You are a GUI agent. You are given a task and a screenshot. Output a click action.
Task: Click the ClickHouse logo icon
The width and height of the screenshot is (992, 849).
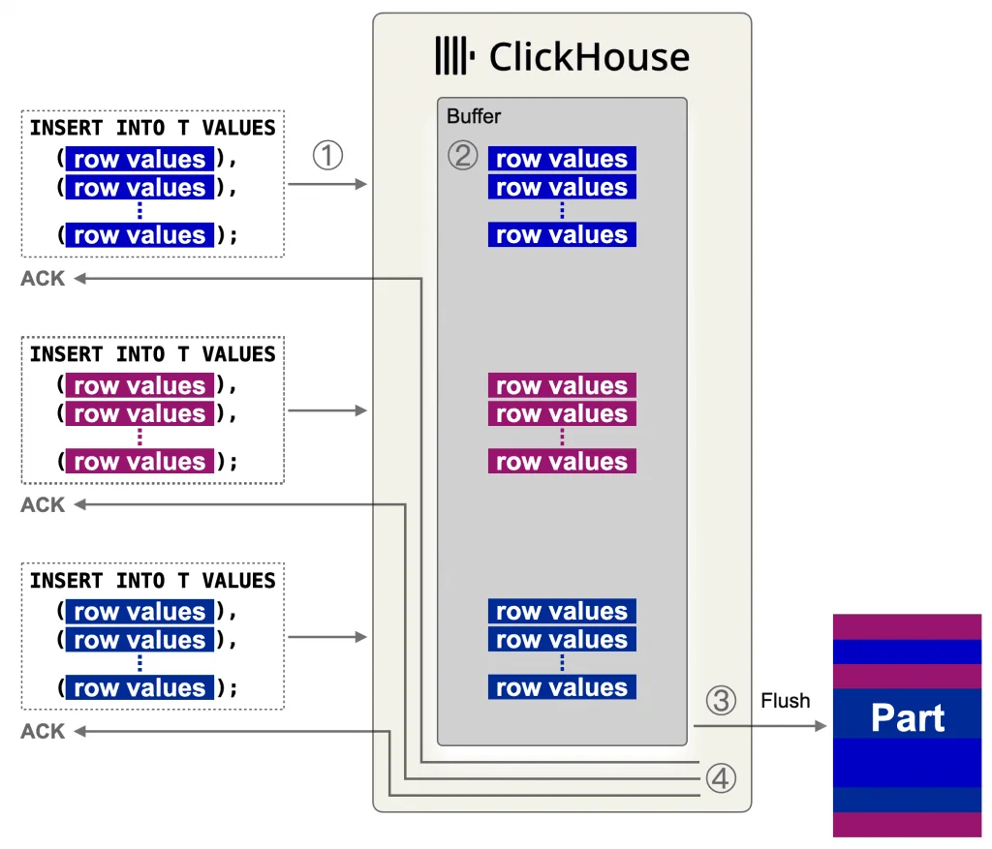pyautogui.click(x=454, y=55)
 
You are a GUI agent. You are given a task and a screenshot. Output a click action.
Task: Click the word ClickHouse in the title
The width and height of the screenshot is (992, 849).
pyautogui.click(x=589, y=56)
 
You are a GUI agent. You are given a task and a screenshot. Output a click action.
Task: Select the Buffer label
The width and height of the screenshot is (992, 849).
pyautogui.click(x=474, y=116)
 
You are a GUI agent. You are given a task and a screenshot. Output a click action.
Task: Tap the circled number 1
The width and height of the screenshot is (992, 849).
pyautogui.click(x=327, y=155)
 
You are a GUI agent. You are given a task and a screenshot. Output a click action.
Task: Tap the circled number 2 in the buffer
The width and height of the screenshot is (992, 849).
pyautogui.click(x=463, y=155)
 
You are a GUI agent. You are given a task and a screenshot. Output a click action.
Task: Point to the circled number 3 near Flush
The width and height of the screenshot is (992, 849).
pyautogui.click(x=721, y=700)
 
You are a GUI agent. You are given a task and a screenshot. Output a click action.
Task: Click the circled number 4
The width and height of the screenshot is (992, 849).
pyautogui.click(x=721, y=778)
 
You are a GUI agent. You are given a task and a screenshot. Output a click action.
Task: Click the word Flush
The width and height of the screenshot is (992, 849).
pyautogui.click(x=785, y=700)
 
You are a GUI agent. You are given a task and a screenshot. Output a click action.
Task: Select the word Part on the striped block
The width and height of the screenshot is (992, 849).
pyautogui.click(x=908, y=718)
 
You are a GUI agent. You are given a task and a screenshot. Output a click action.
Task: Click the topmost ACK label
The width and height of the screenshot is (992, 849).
pyautogui.click(x=43, y=279)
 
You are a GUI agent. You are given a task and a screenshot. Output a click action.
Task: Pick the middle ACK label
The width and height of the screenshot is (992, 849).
pyautogui.click(x=43, y=505)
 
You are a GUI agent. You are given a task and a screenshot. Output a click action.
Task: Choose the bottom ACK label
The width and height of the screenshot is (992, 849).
pyautogui.click(x=43, y=732)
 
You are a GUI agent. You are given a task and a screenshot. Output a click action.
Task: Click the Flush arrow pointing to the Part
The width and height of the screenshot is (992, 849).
pyautogui.click(x=759, y=725)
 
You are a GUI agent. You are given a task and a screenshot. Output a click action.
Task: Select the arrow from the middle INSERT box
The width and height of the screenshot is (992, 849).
pyautogui.click(x=327, y=410)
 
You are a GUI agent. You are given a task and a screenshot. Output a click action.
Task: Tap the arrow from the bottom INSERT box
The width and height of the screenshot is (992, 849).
pyautogui.click(x=327, y=637)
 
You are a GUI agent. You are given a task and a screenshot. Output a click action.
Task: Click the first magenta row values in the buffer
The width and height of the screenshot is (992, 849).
pyautogui.click(x=562, y=385)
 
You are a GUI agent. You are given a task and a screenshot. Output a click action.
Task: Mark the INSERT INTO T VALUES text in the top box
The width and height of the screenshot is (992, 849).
pyautogui.click(x=152, y=128)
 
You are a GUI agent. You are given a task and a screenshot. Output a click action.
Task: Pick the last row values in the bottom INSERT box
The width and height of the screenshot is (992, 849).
pyautogui.click(x=139, y=688)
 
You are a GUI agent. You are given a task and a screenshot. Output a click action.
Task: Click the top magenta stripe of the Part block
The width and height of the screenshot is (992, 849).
pyautogui.click(x=908, y=626)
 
